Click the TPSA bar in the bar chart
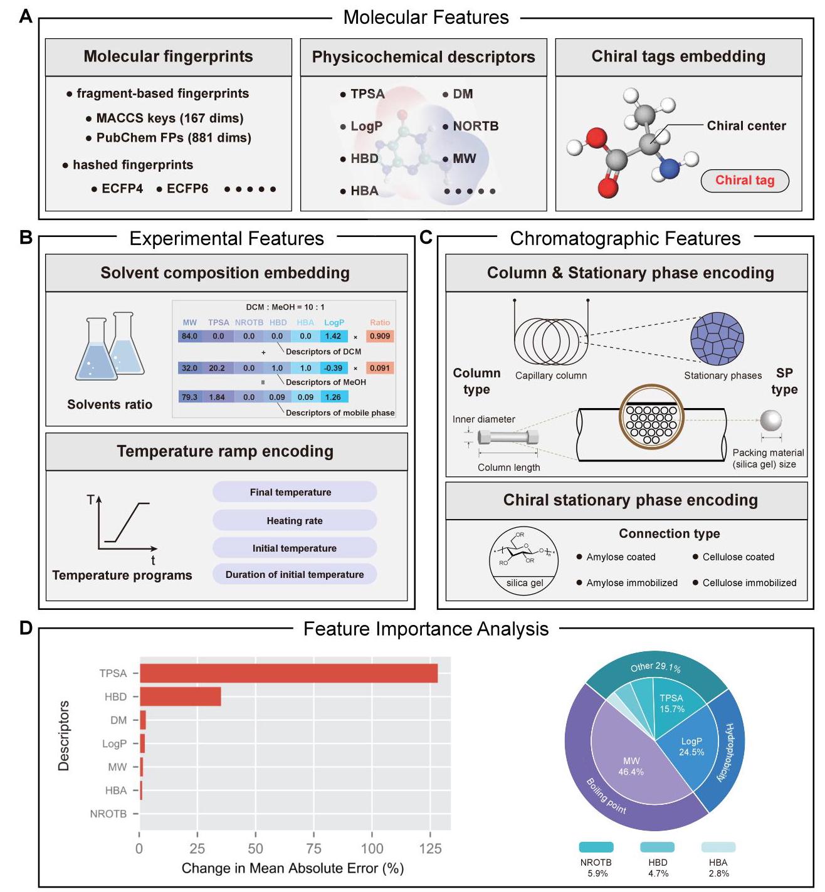coord(288,673)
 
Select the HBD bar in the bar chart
coord(180,696)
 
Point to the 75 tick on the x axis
coord(313,848)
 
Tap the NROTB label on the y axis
coord(108,814)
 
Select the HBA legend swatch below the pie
coord(718,847)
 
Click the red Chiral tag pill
coord(745,181)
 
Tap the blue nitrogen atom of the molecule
coord(669,169)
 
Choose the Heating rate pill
coord(295,520)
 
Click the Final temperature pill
coord(295,492)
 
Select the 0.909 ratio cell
coord(380,336)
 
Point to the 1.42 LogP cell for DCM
coord(333,336)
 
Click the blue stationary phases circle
coord(717,338)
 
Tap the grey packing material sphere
coord(771,421)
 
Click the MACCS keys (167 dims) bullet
coord(169,118)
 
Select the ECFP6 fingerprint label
coord(187,189)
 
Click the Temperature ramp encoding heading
coord(225,451)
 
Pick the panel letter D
coord(26,627)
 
